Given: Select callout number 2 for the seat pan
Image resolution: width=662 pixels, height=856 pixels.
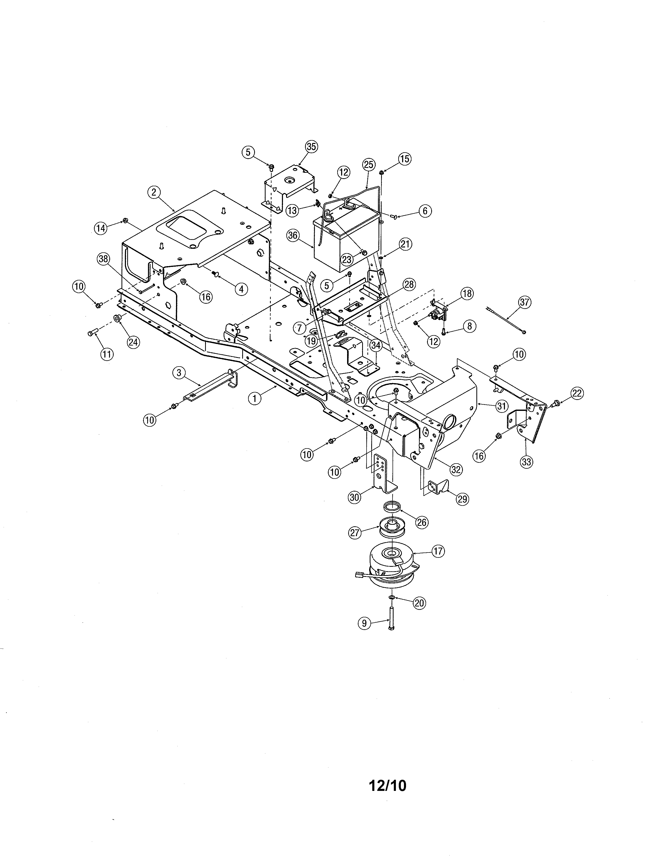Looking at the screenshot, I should (x=154, y=192).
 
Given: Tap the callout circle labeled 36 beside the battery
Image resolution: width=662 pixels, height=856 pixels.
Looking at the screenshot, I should (x=293, y=235).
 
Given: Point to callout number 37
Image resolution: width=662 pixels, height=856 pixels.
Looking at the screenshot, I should (x=524, y=302).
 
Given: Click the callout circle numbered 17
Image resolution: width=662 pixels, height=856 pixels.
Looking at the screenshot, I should (x=438, y=551).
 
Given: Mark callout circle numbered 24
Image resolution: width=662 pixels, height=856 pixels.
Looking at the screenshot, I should (x=133, y=342).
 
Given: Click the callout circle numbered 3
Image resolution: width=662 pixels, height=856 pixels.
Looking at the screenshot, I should (x=179, y=373).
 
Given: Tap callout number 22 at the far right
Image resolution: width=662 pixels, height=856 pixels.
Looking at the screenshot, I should (x=577, y=393).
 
